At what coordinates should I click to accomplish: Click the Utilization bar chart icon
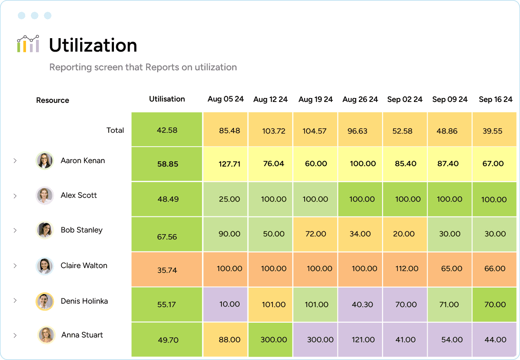tap(28, 44)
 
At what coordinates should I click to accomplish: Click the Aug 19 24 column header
tap(315, 99)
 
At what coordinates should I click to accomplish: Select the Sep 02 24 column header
tap(405, 99)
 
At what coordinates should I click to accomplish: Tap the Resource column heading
tap(52, 100)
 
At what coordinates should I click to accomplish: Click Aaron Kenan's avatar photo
tap(44, 160)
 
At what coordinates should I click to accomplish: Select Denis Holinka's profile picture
tap(44, 301)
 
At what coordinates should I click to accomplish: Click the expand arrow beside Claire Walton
tap(15, 265)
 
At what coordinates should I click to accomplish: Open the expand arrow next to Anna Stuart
tap(15, 335)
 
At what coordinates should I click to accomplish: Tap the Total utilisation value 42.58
tap(167, 130)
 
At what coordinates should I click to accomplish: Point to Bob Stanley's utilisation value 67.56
tap(167, 237)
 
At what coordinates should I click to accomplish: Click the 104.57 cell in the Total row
tap(315, 131)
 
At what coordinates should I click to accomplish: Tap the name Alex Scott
tap(78, 195)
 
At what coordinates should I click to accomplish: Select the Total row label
tap(115, 130)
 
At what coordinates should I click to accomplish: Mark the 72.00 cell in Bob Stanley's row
tap(315, 234)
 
